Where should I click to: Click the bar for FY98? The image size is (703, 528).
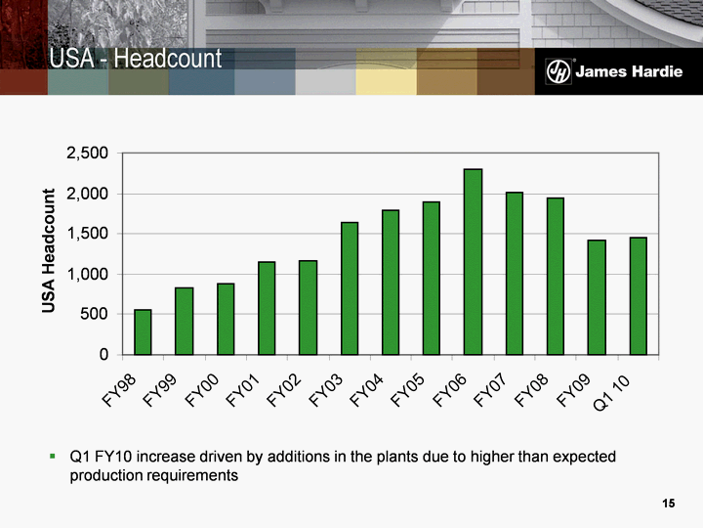pos(143,331)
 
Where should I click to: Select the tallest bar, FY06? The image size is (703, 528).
pos(473,261)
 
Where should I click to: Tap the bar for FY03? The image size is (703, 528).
pos(350,287)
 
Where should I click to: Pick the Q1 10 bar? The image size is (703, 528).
pos(638,295)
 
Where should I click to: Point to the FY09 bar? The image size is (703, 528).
pos(597,296)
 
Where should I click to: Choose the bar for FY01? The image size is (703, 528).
pos(267,307)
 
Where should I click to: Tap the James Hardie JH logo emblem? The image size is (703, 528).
pos(558,72)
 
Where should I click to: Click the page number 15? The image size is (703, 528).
pos(668,504)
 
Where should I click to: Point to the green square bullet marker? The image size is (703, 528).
pos(54,457)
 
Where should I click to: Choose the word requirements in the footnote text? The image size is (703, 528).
pos(193,475)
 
